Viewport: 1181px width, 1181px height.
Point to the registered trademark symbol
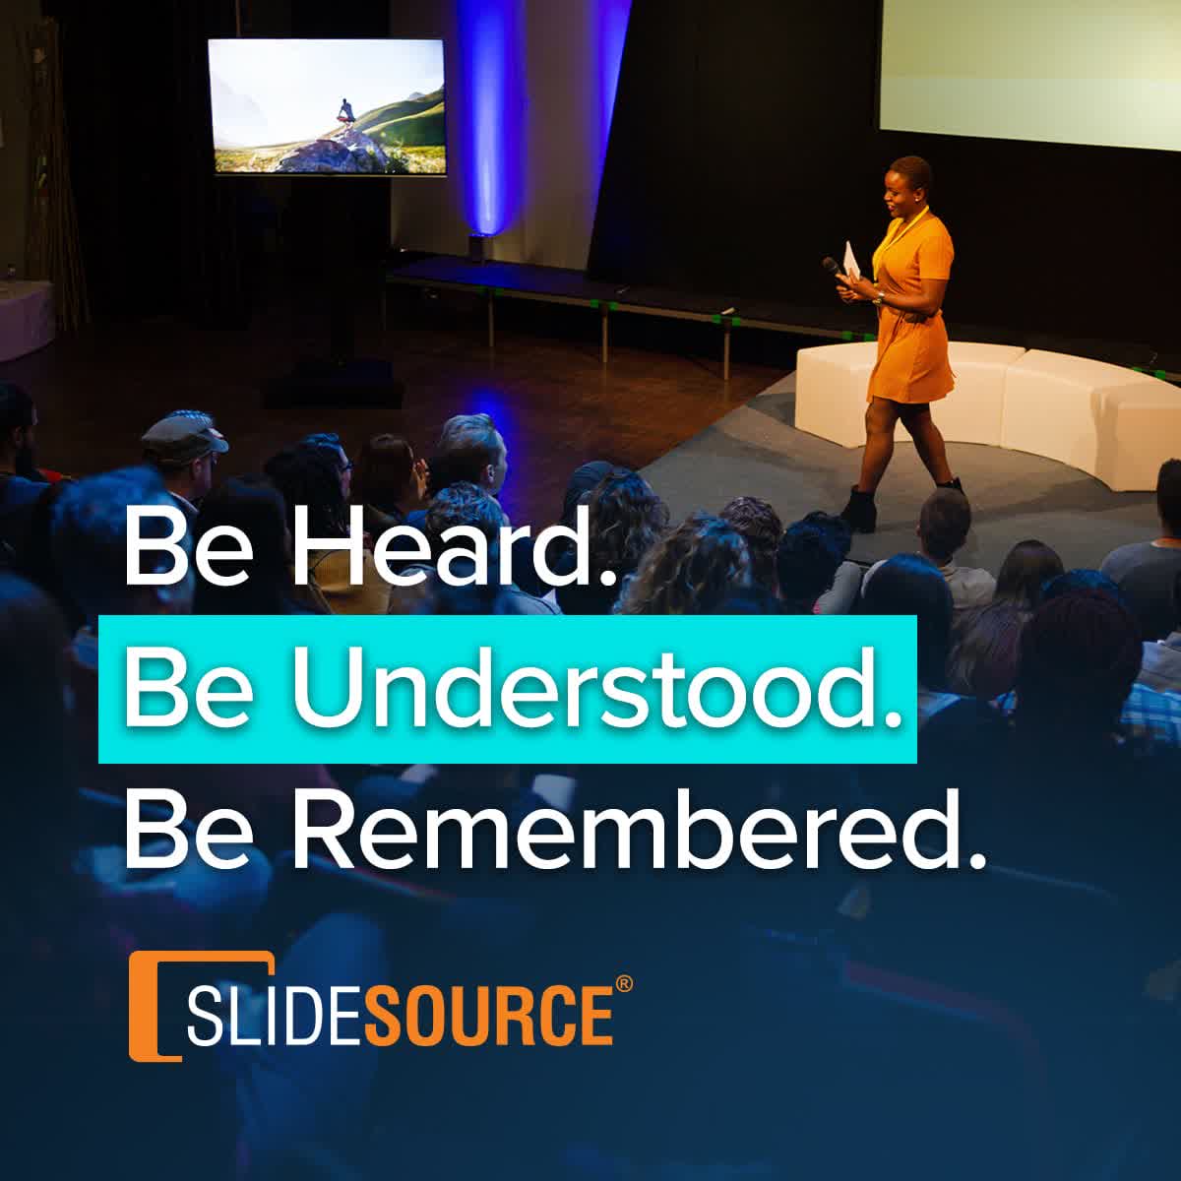click(x=623, y=985)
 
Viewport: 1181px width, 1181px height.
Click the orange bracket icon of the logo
click(x=148, y=1004)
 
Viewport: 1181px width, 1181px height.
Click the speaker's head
click(x=907, y=187)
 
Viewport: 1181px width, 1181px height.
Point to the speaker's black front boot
click(x=860, y=508)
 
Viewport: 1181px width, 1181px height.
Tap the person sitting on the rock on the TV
click(x=345, y=112)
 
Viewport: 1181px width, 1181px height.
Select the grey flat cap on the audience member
click(x=185, y=431)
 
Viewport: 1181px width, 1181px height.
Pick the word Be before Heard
click(x=172, y=547)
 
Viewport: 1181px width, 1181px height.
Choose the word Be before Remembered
click(x=172, y=830)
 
